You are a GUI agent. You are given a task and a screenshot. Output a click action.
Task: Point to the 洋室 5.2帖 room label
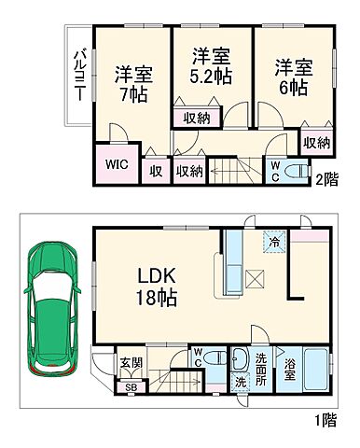coord(212,65)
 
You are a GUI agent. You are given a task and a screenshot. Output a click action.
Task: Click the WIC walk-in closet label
coord(117,163)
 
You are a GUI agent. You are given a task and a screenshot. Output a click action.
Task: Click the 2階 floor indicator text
coord(326,180)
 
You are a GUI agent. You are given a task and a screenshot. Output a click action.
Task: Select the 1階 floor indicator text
coord(326,419)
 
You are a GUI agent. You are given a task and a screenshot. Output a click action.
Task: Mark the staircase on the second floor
coord(235,170)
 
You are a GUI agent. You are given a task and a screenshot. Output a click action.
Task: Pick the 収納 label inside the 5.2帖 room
coord(196,118)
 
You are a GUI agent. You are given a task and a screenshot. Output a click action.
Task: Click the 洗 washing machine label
coord(240,383)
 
